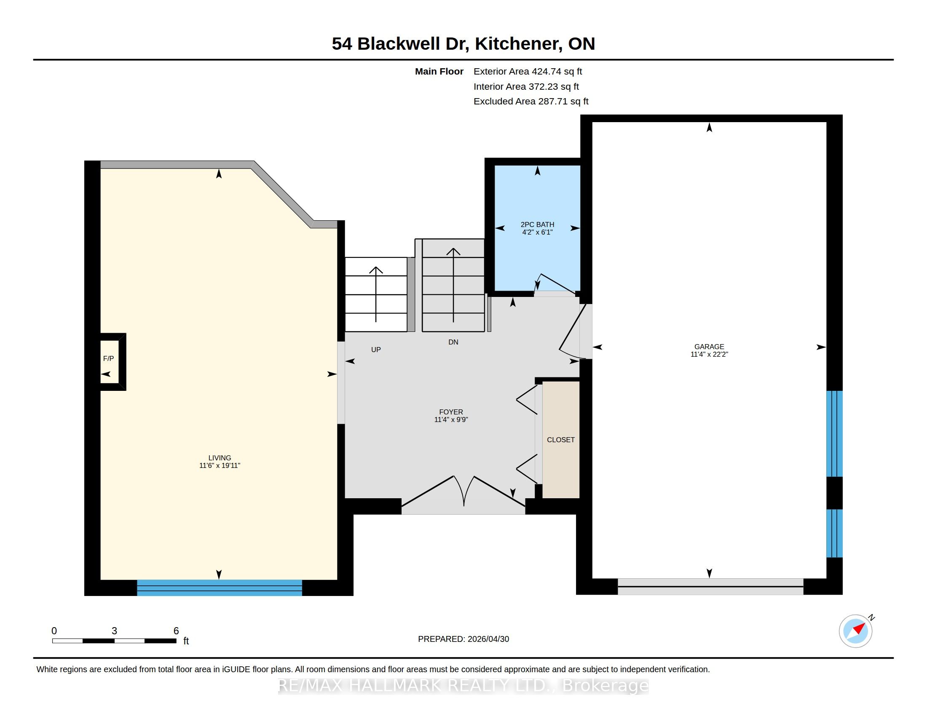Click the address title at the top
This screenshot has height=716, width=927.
tap(463, 44)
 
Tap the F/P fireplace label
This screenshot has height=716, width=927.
tap(108, 358)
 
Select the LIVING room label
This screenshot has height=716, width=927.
tap(220, 458)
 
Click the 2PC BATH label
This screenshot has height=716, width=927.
tap(537, 224)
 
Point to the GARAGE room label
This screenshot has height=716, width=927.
tap(709, 347)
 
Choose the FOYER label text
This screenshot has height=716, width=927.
tap(451, 412)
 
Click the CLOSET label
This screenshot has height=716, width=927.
tap(561, 440)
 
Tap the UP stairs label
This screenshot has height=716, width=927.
tap(375, 350)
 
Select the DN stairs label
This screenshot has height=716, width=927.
tap(453, 342)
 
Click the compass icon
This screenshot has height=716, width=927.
tap(856, 631)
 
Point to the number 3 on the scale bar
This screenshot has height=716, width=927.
tap(114, 631)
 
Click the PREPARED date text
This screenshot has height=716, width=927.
tap(463, 639)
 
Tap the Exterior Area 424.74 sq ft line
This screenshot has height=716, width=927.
tap(528, 72)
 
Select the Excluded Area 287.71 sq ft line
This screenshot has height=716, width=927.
tap(531, 102)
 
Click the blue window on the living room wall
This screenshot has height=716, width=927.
tap(220, 588)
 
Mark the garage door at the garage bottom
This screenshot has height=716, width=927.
tap(710, 587)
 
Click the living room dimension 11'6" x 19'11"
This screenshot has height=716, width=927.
tap(220, 465)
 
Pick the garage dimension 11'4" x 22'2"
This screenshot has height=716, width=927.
tap(709, 354)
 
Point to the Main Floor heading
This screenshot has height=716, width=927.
tap(439, 72)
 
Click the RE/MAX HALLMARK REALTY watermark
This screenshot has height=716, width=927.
tap(463, 685)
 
